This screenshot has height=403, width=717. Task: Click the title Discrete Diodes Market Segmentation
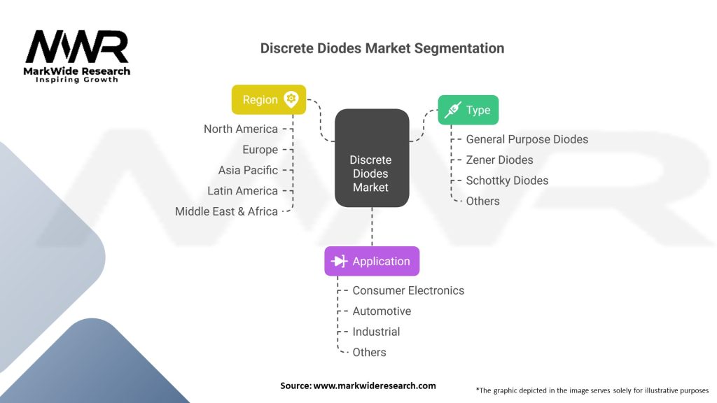(382, 48)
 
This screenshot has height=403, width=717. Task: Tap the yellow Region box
(269, 99)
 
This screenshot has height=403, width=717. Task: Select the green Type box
(468, 110)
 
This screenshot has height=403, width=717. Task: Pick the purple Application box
(372, 261)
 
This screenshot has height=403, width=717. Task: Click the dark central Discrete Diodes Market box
(371, 157)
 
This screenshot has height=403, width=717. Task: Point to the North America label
(241, 129)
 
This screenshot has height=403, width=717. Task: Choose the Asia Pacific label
(248, 170)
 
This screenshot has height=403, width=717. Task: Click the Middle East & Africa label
(226, 211)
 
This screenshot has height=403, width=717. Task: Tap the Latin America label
(242, 190)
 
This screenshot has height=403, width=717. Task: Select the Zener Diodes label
(499, 160)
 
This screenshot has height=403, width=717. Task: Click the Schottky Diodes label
(507, 181)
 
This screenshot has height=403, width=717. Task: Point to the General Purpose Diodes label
(527, 139)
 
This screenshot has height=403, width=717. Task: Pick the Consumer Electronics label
(408, 290)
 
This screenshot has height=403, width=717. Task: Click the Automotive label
(382, 311)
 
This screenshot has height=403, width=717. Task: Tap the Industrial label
(376, 332)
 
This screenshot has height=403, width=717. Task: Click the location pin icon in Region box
(291, 99)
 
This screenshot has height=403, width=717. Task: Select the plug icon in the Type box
(452, 110)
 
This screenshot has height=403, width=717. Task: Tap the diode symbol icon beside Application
(340, 261)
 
